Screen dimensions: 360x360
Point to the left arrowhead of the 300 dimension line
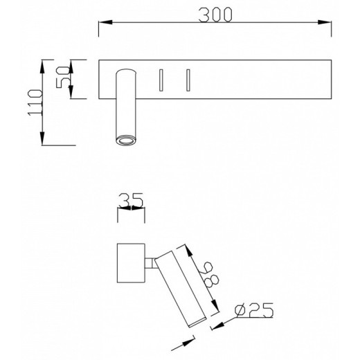pyautogui.click(x=102, y=26)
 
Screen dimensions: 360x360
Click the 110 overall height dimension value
pyautogui.click(x=33, y=102)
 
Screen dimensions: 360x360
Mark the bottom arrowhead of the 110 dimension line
pyautogui.click(x=43, y=141)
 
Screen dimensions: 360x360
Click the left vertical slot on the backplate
pyautogui.click(x=159, y=80)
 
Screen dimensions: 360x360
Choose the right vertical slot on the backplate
pyautogui.click(x=187, y=80)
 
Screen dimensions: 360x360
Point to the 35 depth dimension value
pyautogui.click(x=131, y=201)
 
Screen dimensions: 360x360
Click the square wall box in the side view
pyautogui.click(x=130, y=262)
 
